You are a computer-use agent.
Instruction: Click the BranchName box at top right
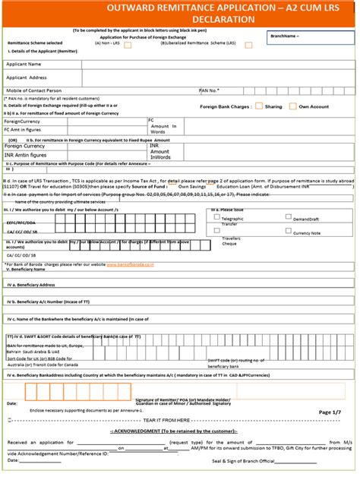tap(311, 36)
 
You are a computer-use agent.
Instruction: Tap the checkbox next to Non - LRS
tap(128, 45)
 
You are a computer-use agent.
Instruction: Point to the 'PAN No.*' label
tap(209, 90)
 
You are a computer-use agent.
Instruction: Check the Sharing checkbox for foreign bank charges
tap(259, 106)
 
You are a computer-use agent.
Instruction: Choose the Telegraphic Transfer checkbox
tap(216, 216)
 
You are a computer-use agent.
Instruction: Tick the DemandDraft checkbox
tap(276, 216)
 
